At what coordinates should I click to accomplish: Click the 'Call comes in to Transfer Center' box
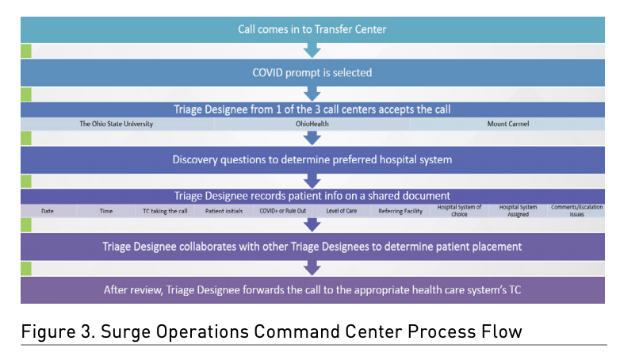tap(312, 29)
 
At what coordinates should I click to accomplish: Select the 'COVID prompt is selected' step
tap(312, 72)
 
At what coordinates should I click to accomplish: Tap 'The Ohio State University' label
tap(116, 124)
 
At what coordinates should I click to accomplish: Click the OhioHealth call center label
tap(312, 124)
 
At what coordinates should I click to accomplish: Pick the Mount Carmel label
tap(509, 124)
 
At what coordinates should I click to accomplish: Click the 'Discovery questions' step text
tap(312, 159)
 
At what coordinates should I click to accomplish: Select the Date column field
tap(48, 211)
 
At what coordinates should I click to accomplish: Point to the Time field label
tap(107, 211)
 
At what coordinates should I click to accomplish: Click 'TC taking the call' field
tap(159, 211)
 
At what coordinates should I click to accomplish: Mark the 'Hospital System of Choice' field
tap(459, 210)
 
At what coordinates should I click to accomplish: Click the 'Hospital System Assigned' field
tap(519, 210)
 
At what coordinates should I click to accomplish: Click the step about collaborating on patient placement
tap(312, 247)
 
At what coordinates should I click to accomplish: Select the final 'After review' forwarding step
tap(312, 289)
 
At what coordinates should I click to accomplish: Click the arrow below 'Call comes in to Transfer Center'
tap(312, 51)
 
